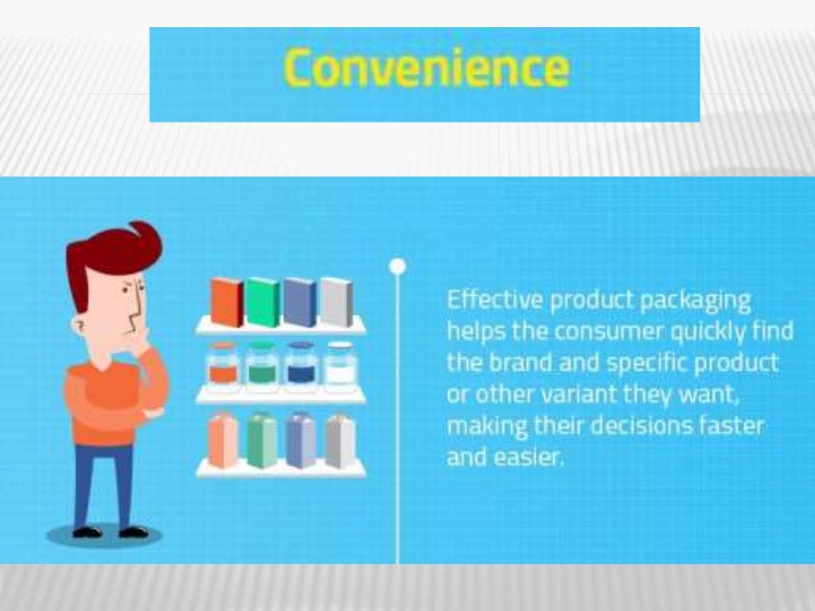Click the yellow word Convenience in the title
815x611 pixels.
coord(427,68)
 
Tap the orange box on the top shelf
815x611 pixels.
coord(227,302)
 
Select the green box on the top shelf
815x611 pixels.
coord(263,302)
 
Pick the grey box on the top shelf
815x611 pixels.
coord(336,302)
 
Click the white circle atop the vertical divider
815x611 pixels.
coord(398,266)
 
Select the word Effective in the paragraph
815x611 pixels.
coord(495,301)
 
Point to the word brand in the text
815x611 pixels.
coord(510,362)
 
